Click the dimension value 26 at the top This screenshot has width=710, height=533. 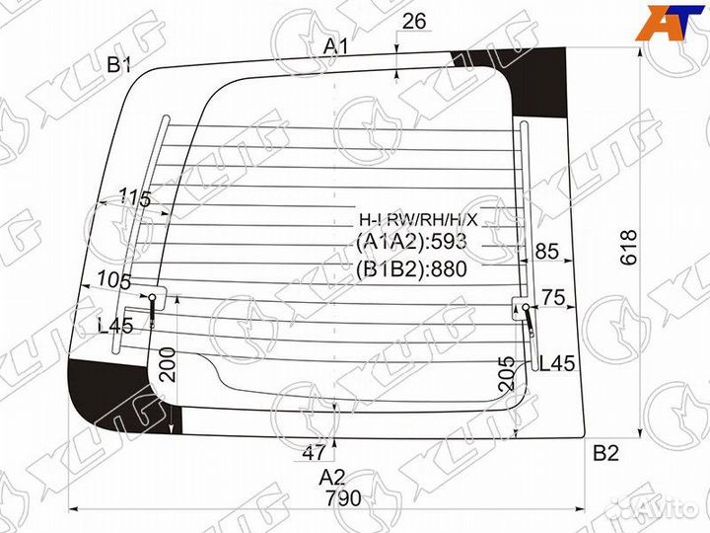pyautogui.click(x=415, y=21)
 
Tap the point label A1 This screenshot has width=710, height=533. pyautogui.click(x=337, y=45)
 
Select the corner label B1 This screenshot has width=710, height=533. pyautogui.click(x=120, y=65)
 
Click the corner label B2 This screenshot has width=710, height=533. pyautogui.click(x=605, y=454)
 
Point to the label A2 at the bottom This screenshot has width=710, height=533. pyautogui.click(x=332, y=477)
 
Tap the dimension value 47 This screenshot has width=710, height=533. pyautogui.click(x=314, y=453)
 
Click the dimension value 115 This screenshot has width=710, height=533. pyautogui.click(x=134, y=199)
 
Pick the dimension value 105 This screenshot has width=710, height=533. pyautogui.click(x=115, y=281)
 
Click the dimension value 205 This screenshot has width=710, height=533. pyautogui.click(x=507, y=373)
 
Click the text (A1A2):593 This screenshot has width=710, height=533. pyautogui.click(x=411, y=242)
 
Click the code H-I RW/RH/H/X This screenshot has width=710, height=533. pyautogui.click(x=417, y=218)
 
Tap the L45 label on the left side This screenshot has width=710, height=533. pyautogui.click(x=115, y=327)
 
